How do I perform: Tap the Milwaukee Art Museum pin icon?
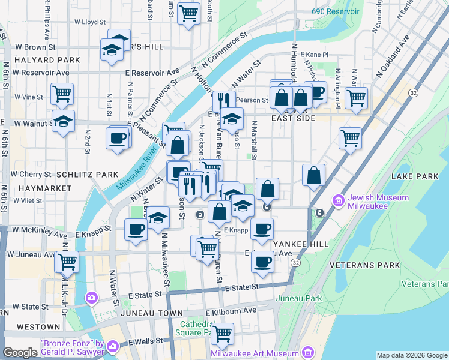(x=309, y=352)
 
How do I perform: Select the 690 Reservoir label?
(x=336, y=11)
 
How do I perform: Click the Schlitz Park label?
(x=87, y=175)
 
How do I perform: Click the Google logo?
(x=20, y=353)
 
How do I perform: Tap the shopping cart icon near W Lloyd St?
(x=189, y=13)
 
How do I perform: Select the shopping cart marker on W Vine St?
(x=62, y=94)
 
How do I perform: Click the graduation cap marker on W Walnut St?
(x=64, y=121)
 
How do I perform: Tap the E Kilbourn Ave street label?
(x=231, y=311)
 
